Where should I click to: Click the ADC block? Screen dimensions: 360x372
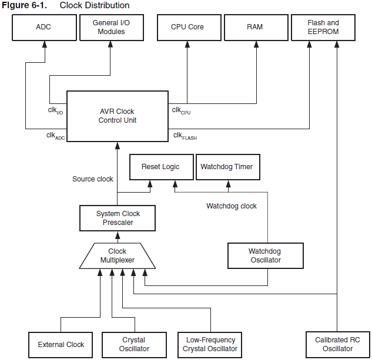pos(43,27)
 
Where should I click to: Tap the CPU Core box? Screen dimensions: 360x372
pos(187,27)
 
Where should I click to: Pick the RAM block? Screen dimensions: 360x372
pos(256,27)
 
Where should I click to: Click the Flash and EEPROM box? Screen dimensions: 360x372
pos(323,27)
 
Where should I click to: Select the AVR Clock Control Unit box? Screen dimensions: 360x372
pos(117,116)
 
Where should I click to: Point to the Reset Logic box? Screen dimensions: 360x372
pos(160,167)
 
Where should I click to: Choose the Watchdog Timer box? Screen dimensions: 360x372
pos(226,167)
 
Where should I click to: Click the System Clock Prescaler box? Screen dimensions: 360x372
pos(118,218)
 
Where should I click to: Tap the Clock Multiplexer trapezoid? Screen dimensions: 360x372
pos(117,256)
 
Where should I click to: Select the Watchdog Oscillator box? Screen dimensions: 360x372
pos(264,256)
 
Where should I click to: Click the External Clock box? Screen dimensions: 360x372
pos(61,345)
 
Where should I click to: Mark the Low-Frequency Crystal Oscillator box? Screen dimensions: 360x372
pos(210,345)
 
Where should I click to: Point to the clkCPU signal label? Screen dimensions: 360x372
pos(181,110)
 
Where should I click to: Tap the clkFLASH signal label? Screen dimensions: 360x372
pos(185,136)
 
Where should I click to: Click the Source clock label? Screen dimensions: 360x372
pos(93,179)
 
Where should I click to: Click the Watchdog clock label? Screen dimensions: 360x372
pos(232,206)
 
